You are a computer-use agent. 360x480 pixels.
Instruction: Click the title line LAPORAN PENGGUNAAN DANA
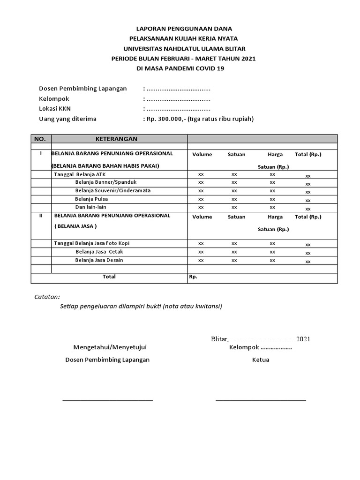click(x=184, y=29)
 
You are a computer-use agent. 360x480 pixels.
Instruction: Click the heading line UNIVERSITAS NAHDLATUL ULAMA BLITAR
click(x=184, y=48)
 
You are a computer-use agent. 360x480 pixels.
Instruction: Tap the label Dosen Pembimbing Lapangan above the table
click(x=82, y=89)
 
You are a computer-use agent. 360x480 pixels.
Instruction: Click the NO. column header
click(x=41, y=139)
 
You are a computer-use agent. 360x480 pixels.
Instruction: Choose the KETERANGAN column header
click(x=116, y=139)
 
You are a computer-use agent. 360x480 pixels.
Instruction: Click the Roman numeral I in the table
click(x=41, y=153)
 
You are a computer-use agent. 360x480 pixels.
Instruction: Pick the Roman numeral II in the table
click(x=41, y=216)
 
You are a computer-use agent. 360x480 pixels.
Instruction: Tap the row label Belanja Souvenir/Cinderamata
click(x=112, y=190)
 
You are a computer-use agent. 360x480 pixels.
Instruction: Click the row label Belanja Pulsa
click(x=91, y=199)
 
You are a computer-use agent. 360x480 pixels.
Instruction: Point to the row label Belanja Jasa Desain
click(x=99, y=260)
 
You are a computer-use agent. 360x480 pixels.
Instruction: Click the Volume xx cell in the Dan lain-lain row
click(x=201, y=207)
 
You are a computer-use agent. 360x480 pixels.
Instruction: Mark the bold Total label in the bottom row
click(x=109, y=277)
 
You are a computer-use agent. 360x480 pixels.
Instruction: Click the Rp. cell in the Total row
click(x=193, y=277)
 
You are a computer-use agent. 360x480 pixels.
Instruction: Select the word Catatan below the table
click(x=47, y=297)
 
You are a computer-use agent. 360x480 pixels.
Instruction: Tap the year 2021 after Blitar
click(x=303, y=339)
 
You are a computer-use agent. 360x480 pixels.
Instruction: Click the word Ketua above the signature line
click(x=261, y=360)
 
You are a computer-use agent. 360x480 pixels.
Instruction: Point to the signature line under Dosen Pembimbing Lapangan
click(x=108, y=400)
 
